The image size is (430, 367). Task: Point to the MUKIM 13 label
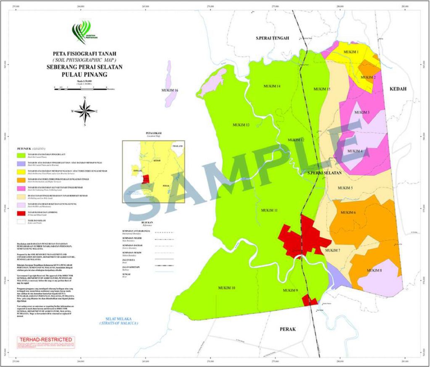(241, 125)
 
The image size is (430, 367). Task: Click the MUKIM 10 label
(227, 288)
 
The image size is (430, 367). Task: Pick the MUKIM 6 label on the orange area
(348, 213)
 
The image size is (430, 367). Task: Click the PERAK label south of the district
(288, 329)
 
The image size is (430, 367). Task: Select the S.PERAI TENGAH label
(273, 38)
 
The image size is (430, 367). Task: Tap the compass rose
(85, 111)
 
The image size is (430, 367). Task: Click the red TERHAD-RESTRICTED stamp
(45, 340)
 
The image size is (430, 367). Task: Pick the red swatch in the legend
(21, 213)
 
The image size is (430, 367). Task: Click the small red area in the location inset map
(145, 180)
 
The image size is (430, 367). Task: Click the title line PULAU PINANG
(84, 75)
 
